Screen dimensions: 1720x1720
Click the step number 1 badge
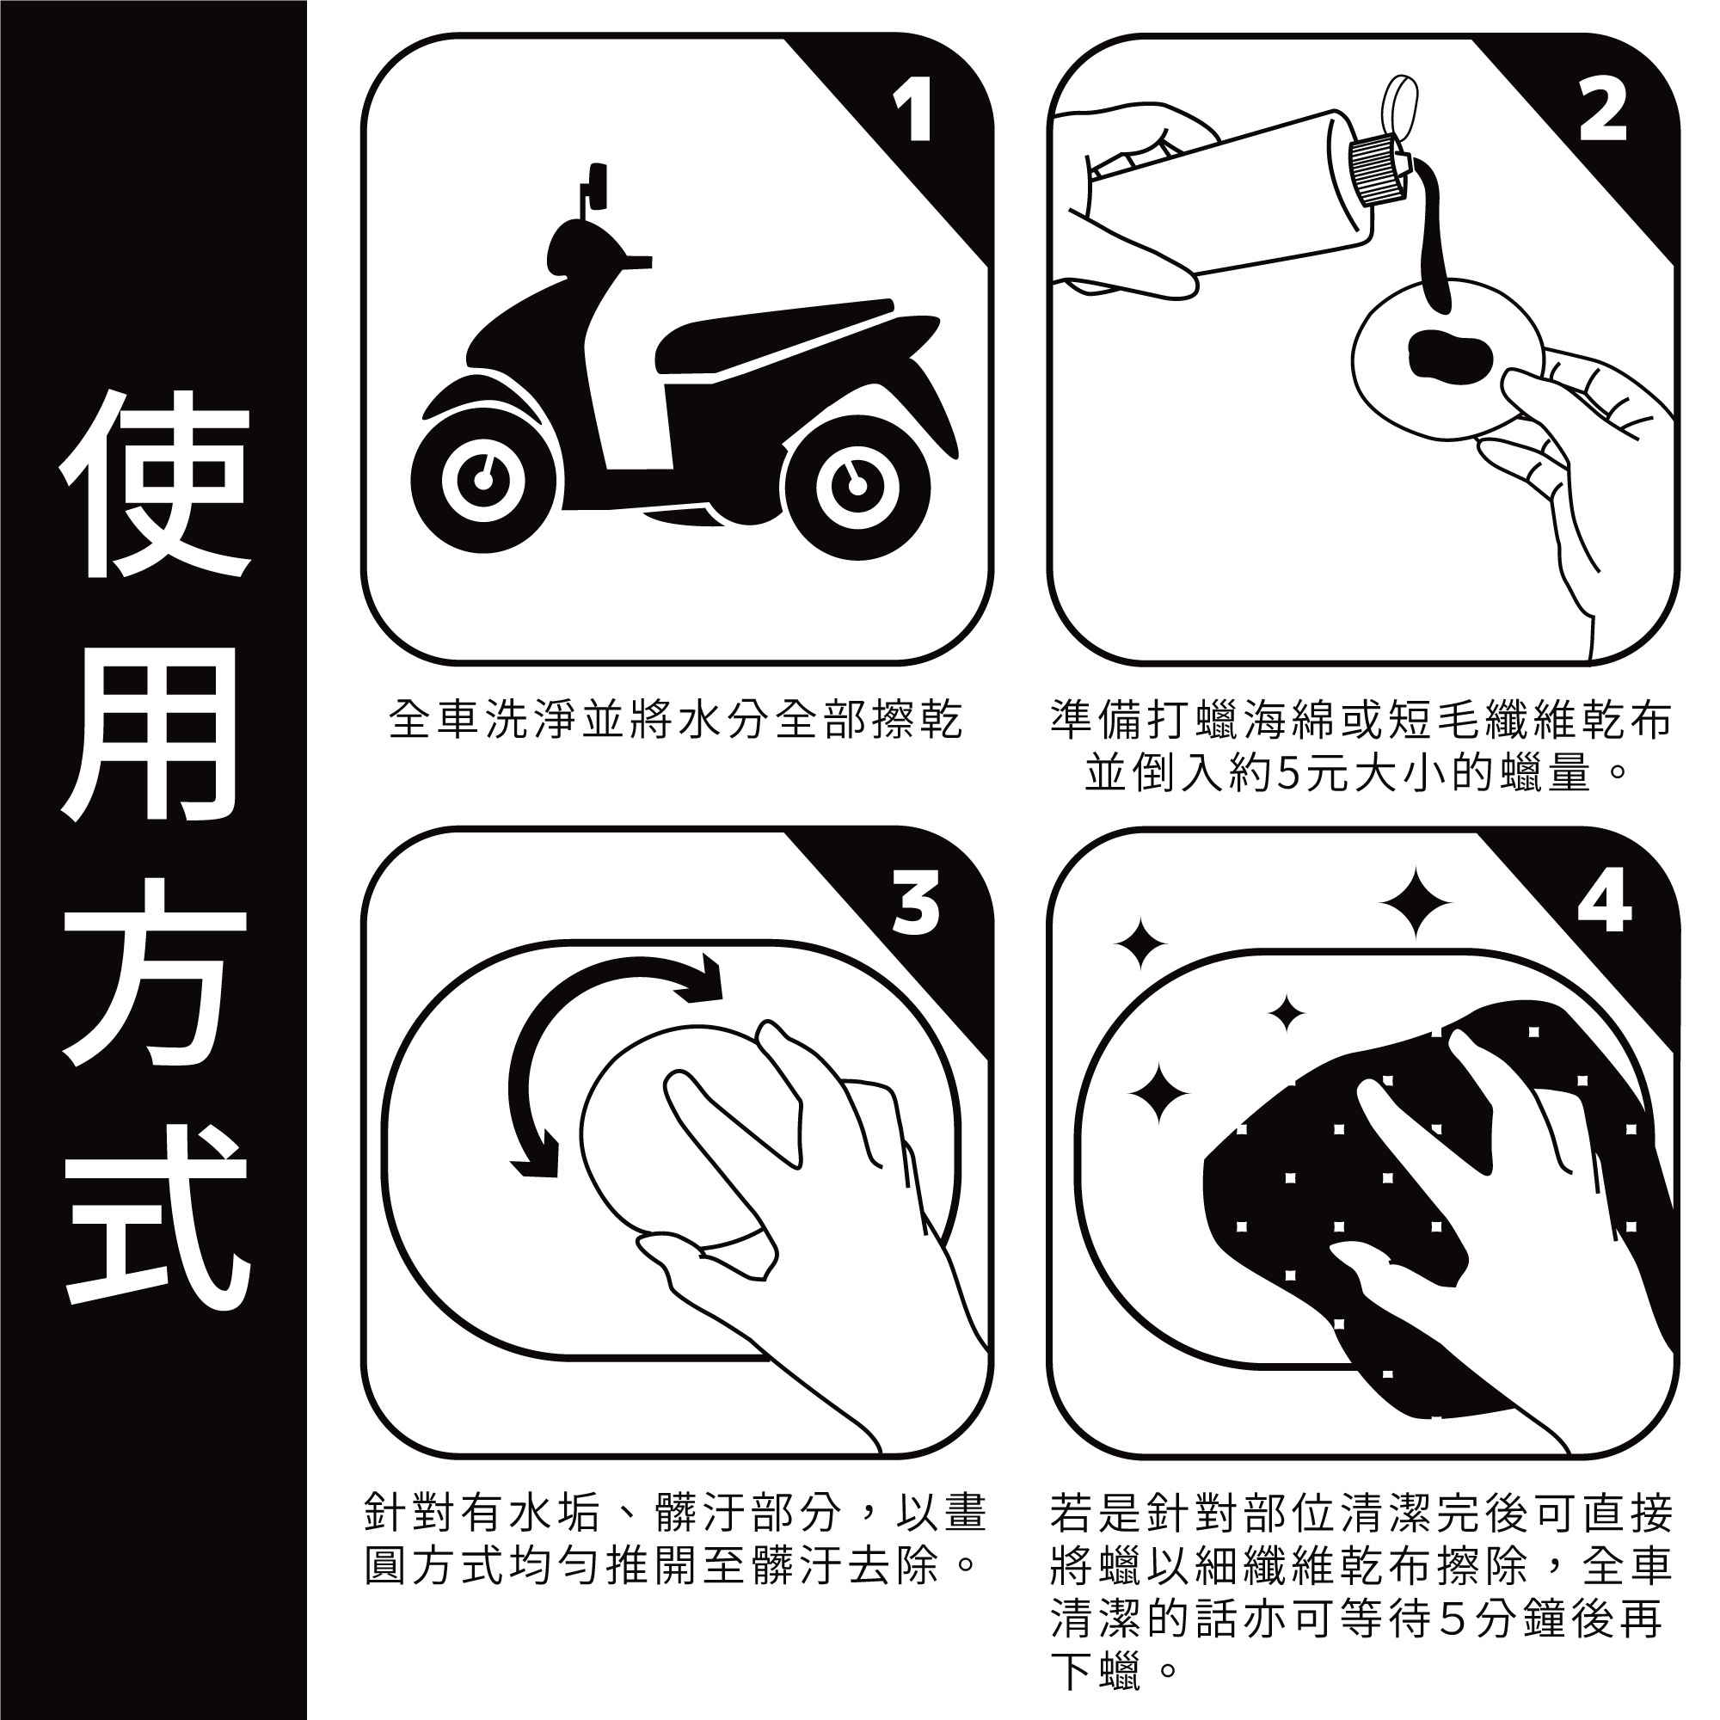point(913,111)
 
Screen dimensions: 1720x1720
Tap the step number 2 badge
point(1603,111)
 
